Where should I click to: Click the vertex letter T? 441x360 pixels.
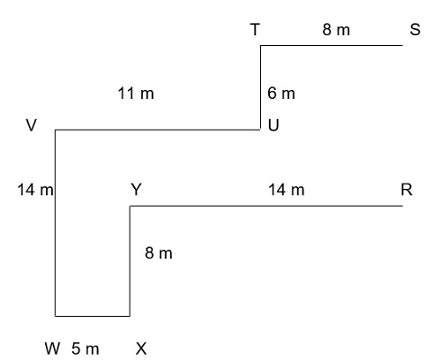click(x=255, y=30)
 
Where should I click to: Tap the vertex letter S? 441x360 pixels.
click(x=415, y=30)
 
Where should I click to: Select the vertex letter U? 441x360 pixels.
click(x=273, y=125)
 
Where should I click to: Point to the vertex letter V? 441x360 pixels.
click(x=32, y=125)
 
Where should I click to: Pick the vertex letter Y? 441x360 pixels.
click(x=137, y=190)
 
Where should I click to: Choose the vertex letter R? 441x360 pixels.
click(x=407, y=190)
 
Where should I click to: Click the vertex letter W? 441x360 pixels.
click(x=53, y=349)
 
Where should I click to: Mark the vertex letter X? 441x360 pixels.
click(x=141, y=349)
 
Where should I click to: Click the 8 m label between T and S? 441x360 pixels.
click(x=336, y=30)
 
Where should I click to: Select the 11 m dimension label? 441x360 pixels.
click(x=136, y=94)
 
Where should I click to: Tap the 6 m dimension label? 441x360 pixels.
click(x=281, y=94)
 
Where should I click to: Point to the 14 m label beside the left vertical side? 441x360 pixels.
click(x=35, y=190)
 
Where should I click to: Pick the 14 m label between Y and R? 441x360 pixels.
click(x=287, y=190)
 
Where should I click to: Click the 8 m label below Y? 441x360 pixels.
click(x=159, y=253)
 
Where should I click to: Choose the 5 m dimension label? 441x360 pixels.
click(x=85, y=349)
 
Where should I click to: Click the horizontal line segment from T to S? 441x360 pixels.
click(x=332, y=45)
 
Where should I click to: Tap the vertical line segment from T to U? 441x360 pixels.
click(x=260, y=87)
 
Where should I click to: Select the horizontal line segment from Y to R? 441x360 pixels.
click(x=266, y=206)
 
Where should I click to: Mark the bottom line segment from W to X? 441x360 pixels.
click(x=93, y=316)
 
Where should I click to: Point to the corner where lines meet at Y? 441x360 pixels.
click(x=130, y=206)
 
